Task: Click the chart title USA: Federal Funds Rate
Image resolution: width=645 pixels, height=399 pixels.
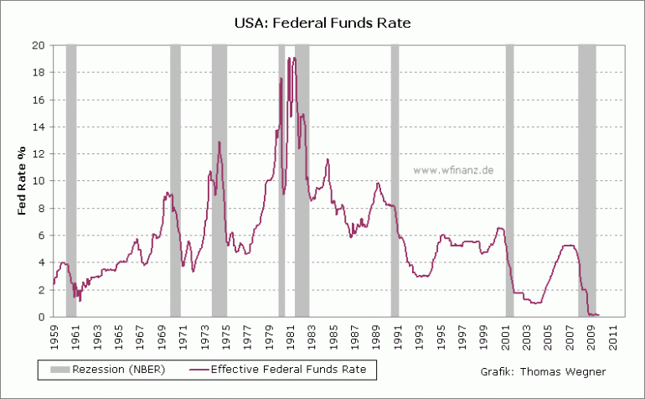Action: click(x=322, y=23)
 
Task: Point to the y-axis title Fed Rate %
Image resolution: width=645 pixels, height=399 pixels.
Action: click(x=23, y=180)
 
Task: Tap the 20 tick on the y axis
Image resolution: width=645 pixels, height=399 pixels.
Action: click(x=39, y=45)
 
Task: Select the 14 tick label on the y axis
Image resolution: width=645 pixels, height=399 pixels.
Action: click(x=39, y=127)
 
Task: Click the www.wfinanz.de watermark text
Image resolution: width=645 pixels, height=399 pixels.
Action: click(x=453, y=169)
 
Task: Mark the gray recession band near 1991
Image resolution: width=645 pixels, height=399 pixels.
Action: click(x=395, y=180)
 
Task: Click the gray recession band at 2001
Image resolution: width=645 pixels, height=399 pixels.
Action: click(x=509, y=180)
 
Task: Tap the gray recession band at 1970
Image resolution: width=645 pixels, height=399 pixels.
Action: click(x=175, y=180)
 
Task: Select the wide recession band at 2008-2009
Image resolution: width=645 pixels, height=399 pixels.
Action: click(x=586, y=180)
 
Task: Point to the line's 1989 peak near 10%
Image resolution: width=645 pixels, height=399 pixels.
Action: click(x=378, y=183)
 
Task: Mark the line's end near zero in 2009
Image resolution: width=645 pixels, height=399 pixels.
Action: click(x=599, y=315)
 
